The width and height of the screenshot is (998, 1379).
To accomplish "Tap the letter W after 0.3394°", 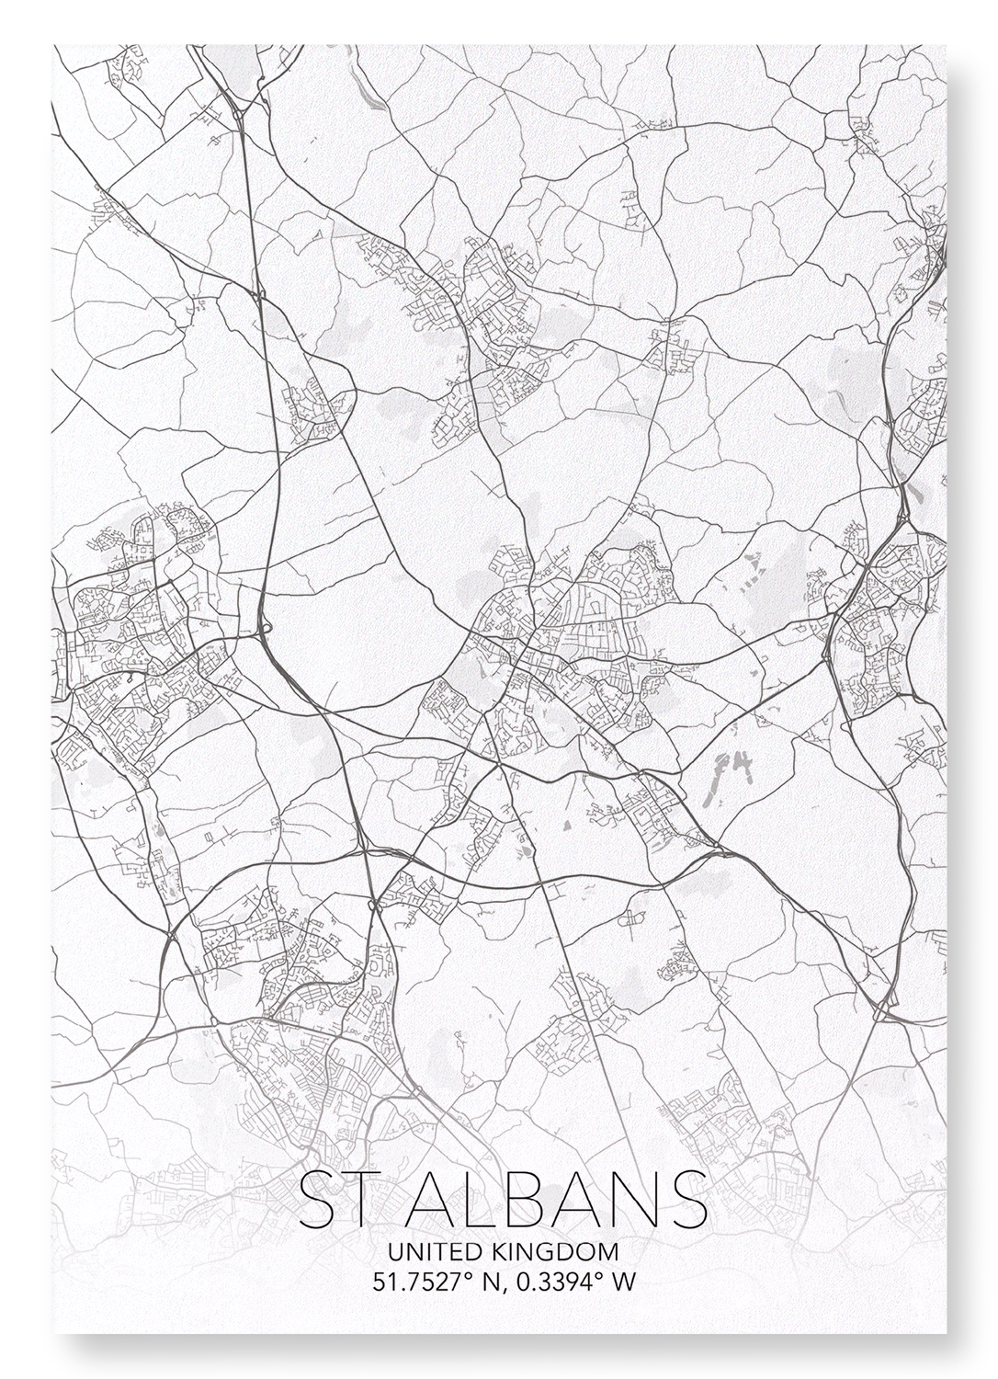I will tap(622, 1281).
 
